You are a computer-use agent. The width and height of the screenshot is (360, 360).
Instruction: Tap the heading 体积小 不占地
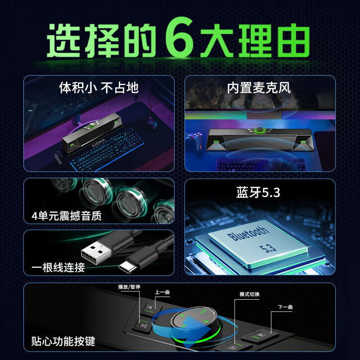click(99, 87)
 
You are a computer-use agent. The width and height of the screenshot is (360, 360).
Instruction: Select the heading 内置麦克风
click(259, 88)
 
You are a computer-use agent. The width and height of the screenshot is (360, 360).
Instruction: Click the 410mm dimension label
click(98, 143)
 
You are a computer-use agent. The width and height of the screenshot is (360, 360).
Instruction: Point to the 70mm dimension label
click(58, 159)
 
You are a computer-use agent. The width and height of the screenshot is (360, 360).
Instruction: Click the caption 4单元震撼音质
click(67, 216)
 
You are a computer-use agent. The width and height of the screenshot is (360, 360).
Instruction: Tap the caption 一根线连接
click(58, 267)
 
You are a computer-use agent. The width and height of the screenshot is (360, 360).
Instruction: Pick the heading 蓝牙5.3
click(258, 192)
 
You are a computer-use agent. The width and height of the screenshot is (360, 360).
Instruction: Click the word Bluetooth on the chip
click(248, 234)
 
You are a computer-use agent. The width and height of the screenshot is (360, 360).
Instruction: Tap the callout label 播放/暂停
click(129, 287)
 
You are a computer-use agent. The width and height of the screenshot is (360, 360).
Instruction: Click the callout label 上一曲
click(162, 292)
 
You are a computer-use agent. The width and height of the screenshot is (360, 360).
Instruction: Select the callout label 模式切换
click(249, 294)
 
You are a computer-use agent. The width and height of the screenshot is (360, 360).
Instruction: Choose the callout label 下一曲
click(285, 307)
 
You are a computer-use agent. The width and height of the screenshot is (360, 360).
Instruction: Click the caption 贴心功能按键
click(63, 341)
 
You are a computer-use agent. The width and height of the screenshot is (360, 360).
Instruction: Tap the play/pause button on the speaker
click(143, 325)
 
